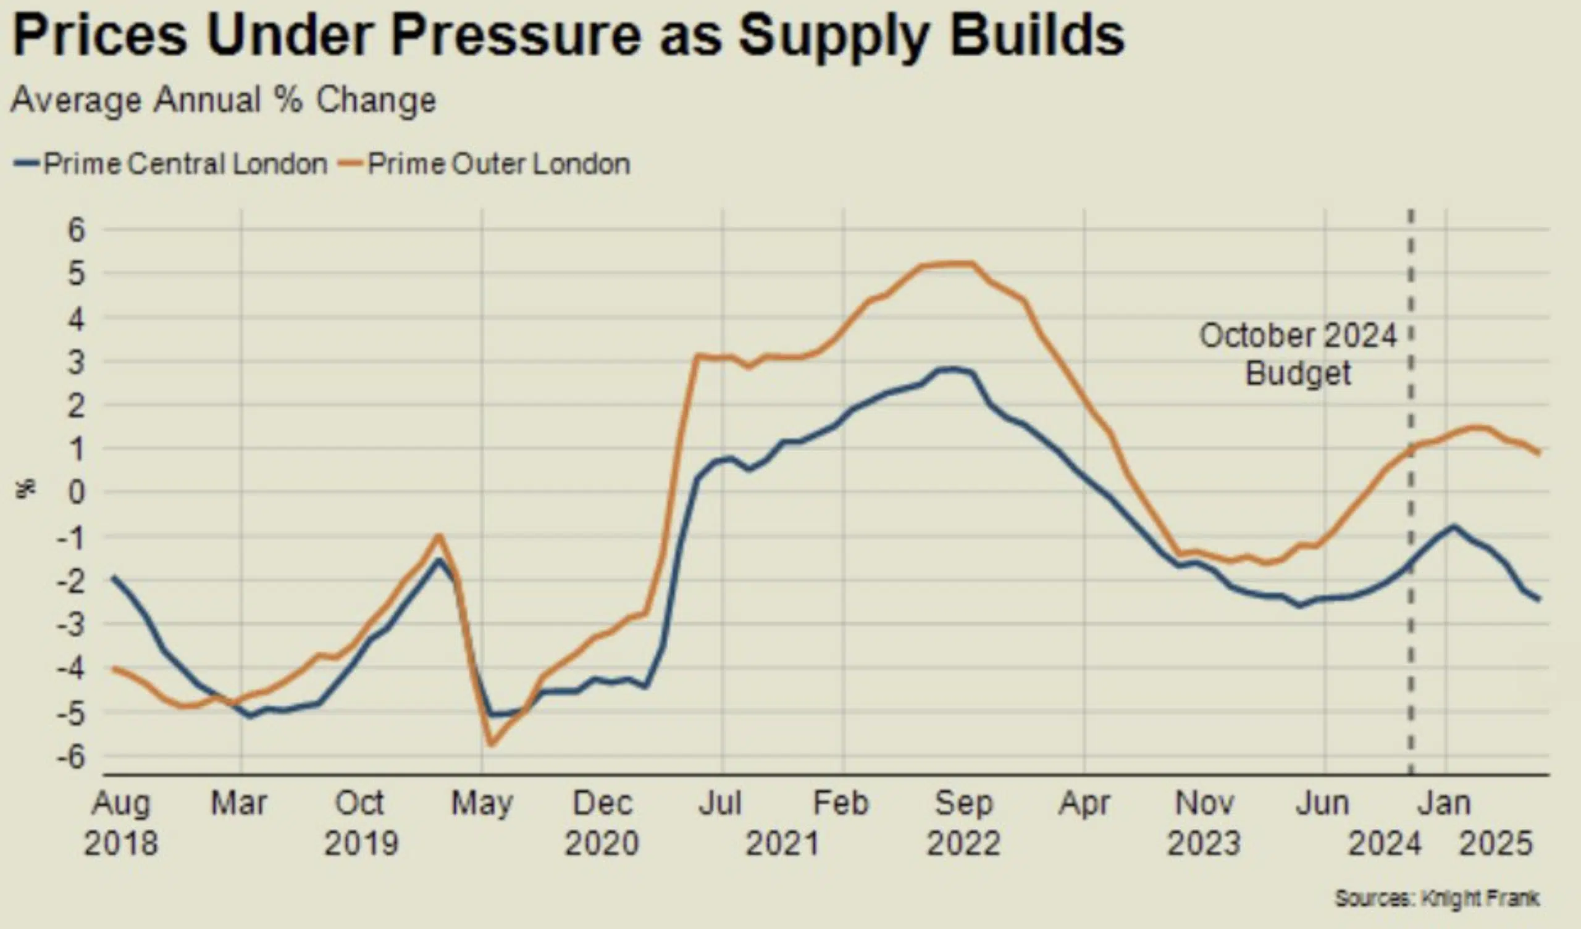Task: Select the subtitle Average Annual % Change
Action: click(224, 101)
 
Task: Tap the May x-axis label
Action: click(482, 804)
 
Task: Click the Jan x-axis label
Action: click(1445, 804)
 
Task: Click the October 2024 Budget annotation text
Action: click(1298, 354)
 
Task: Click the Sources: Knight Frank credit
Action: click(1436, 898)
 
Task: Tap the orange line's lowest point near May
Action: click(490, 744)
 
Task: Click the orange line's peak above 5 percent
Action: click(954, 264)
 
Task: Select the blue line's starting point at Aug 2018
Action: click(113, 576)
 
